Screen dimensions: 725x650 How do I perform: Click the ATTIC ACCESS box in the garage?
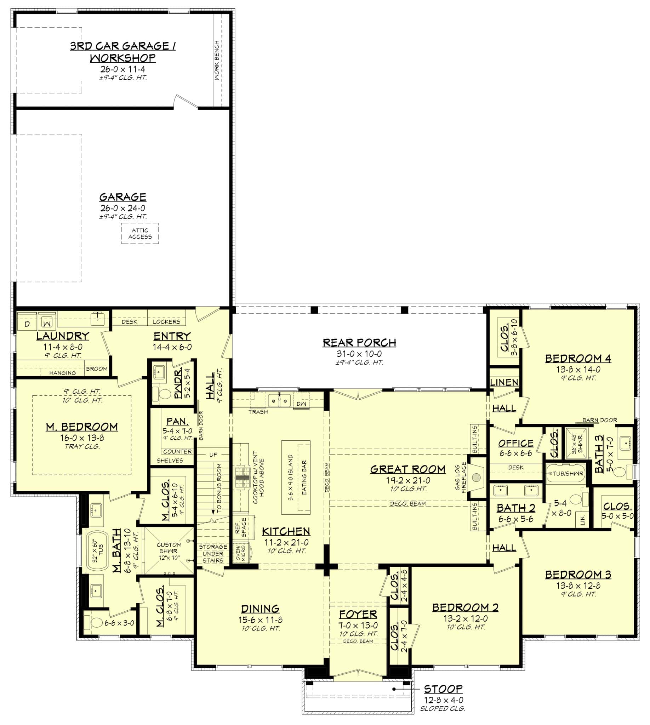coord(139,234)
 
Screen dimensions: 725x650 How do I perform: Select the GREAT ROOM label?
coord(407,469)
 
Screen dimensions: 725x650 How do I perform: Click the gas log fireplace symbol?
coord(476,477)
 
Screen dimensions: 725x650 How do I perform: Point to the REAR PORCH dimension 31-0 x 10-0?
coord(359,354)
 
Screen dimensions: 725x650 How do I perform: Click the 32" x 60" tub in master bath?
coord(98,550)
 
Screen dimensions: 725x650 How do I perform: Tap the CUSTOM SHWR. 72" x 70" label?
coord(169,551)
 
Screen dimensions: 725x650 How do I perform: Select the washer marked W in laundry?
coord(47,323)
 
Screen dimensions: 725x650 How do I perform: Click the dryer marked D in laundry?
coord(27,324)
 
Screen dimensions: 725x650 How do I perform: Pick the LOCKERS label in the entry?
coord(166,321)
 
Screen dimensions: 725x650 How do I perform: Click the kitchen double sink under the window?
coord(279,401)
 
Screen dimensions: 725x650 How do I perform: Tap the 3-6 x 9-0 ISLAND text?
coord(290,477)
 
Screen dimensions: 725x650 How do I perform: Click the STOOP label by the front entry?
coord(443,689)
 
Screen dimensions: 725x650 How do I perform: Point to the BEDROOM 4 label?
coord(577,358)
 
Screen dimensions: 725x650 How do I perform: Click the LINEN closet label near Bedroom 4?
coord(504,382)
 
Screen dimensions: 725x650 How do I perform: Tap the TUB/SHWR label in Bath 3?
coord(568,474)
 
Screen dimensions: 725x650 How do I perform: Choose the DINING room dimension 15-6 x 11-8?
coord(260,620)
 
